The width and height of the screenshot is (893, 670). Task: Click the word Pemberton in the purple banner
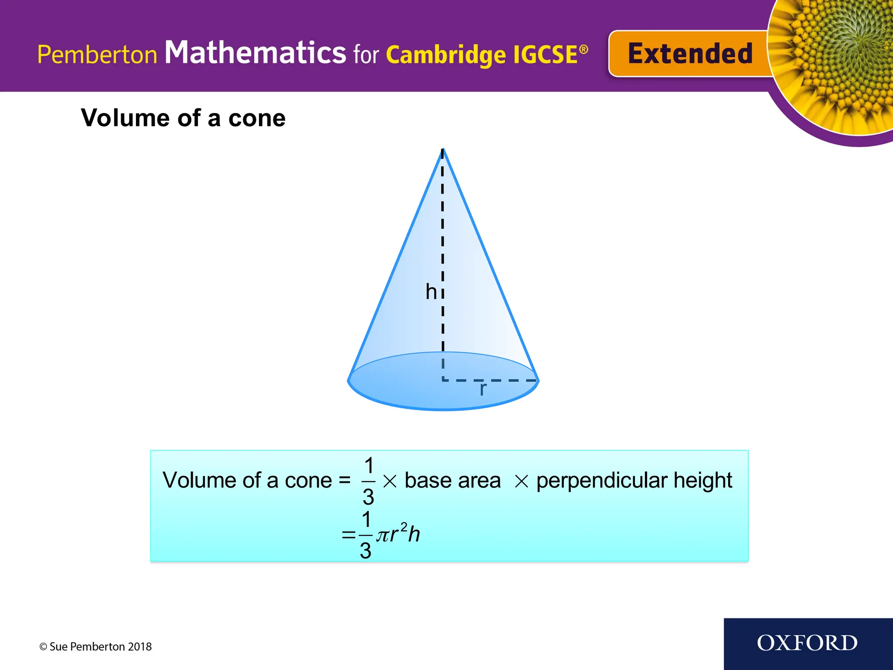click(97, 55)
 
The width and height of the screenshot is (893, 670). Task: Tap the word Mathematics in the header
click(255, 53)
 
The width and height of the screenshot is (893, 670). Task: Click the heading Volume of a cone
click(183, 118)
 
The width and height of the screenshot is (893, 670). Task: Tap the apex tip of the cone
click(443, 150)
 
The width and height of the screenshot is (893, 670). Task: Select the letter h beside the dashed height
click(431, 291)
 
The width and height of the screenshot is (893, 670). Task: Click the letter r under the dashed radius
click(483, 389)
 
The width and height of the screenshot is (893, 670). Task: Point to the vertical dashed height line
click(443, 244)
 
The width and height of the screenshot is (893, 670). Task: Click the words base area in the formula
click(453, 480)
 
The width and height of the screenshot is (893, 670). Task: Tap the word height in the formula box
click(703, 480)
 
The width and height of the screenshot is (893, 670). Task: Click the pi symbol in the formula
click(383, 535)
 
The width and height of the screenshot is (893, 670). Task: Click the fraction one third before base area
click(368, 481)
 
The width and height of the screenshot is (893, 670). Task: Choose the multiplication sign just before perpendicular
click(521, 482)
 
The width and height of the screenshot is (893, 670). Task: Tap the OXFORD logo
click(807, 643)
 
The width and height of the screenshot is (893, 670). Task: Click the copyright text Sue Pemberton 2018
click(95, 646)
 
